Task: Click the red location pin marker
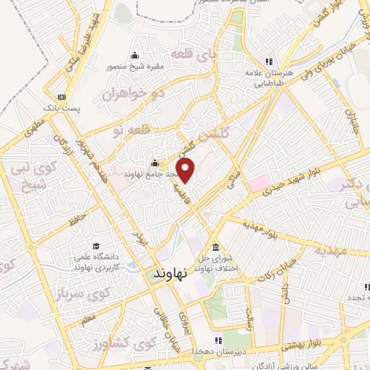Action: [x=186, y=171]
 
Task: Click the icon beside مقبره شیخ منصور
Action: [x=134, y=56]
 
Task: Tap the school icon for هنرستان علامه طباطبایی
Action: [x=268, y=61]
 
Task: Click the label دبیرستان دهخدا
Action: [x=217, y=350]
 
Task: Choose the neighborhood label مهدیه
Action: [x=330, y=251]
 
